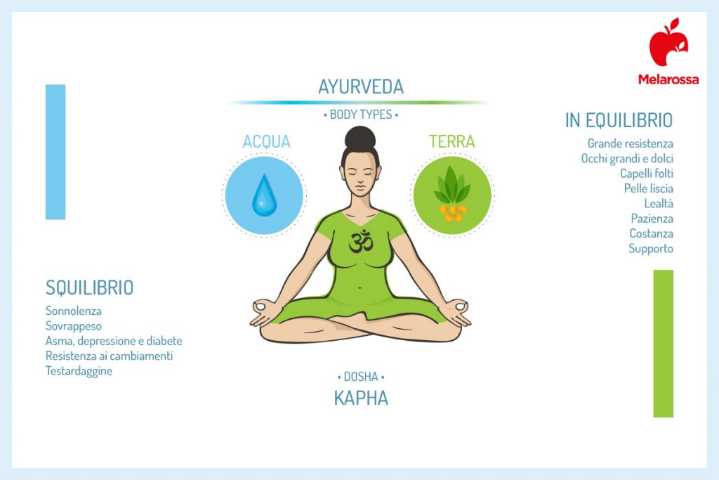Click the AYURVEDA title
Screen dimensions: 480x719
[x=361, y=87]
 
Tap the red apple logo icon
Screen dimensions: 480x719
[x=668, y=44]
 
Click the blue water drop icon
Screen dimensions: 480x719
[x=264, y=195]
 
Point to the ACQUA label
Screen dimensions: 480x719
[x=266, y=141]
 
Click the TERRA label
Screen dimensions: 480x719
[x=451, y=141]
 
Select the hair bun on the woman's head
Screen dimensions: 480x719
[x=360, y=137]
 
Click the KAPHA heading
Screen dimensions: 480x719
[x=361, y=398]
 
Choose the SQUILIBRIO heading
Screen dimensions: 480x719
[x=89, y=287]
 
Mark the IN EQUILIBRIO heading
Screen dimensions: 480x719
[x=619, y=120]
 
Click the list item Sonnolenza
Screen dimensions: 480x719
[x=74, y=311]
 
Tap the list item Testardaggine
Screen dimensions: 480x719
[x=79, y=371]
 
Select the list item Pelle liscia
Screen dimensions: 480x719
[x=648, y=188]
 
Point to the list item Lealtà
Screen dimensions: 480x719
[x=658, y=204]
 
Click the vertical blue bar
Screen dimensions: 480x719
[x=55, y=152]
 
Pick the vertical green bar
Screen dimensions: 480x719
[x=663, y=343]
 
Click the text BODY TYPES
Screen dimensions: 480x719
[x=361, y=115]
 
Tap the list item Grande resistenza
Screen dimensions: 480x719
[x=630, y=143]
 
